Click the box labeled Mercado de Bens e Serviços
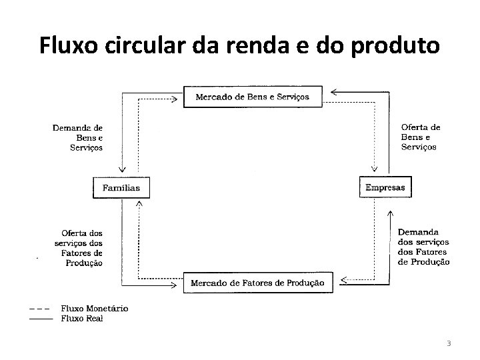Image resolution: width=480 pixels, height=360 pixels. (251, 97)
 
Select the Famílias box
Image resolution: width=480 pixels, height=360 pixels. (121, 188)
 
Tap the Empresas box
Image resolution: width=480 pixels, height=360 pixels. (385, 187)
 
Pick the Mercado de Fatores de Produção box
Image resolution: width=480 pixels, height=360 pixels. (257, 283)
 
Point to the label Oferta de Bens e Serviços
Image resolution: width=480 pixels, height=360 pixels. (420, 137)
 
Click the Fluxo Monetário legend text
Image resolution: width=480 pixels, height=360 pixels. (95, 308)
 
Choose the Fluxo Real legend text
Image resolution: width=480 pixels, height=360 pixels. (82, 318)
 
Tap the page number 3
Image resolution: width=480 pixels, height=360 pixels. (449, 343)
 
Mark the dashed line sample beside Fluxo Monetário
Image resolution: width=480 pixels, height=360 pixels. (38, 308)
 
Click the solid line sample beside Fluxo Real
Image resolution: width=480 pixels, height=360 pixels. (40, 319)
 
